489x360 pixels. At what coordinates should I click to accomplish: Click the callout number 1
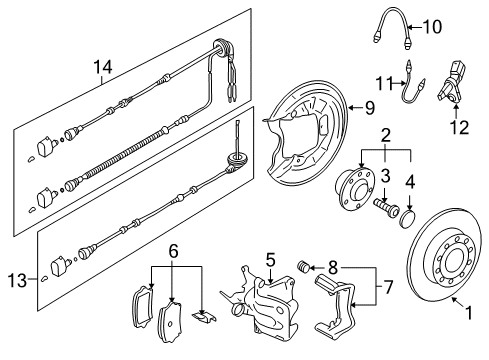point(469,313)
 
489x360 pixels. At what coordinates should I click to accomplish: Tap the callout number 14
point(103,67)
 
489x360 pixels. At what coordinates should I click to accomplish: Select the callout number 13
point(17,280)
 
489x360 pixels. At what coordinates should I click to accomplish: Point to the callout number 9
point(369,108)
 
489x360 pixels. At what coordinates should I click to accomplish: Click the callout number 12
point(460,127)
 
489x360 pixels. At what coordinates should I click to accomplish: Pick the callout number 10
point(433,27)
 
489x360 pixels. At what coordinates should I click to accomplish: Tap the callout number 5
point(271,260)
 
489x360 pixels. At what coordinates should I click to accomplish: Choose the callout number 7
point(388,287)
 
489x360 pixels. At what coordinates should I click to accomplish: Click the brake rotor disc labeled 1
point(444,255)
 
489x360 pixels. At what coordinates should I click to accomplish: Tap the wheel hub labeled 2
point(354,189)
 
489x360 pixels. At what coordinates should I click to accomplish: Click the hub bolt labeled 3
point(387,205)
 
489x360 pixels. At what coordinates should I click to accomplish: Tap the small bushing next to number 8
point(303,266)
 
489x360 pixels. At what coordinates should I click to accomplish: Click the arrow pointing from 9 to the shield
point(355,108)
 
